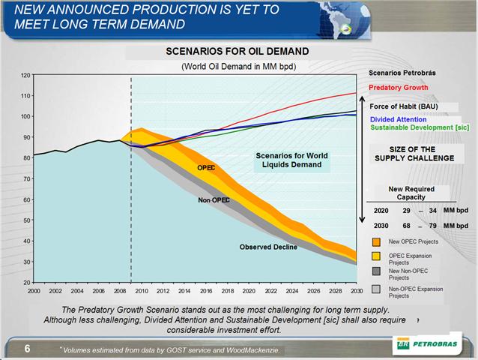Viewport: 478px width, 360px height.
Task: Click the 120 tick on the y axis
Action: click(x=25, y=76)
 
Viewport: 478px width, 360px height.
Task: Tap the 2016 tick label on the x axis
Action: click(x=206, y=289)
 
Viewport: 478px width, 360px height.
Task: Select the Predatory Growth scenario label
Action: click(x=399, y=88)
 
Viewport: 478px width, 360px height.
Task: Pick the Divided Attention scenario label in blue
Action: click(x=399, y=119)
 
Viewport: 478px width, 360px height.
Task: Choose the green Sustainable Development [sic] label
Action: click(x=420, y=127)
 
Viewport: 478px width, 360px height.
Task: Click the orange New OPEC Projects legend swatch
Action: click(x=378, y=242)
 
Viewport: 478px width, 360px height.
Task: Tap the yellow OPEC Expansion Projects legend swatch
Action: click(x=378, y=257)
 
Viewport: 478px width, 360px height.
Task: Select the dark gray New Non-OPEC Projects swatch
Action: click(x=378, y=273)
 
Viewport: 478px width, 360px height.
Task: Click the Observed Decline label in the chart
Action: click(x=268, y=247)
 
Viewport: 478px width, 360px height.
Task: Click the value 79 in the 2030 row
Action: click(x=429, y=226)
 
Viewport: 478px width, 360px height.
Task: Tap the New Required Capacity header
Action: click(x=411, y=193)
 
